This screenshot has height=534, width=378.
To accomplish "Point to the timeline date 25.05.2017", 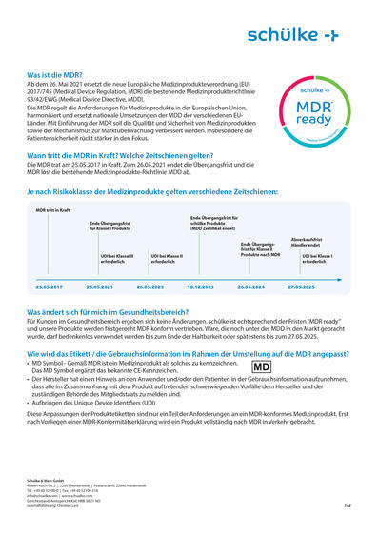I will (50, 287).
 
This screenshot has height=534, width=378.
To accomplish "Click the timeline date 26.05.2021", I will (100, 287).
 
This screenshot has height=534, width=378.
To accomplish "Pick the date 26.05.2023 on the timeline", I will (150, 287).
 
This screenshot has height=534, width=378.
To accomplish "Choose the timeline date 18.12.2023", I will (201, 287).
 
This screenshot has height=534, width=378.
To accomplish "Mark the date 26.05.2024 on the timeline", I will (251, 287).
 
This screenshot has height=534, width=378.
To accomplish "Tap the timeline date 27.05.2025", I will (302, 287).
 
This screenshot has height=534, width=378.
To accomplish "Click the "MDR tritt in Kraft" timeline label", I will (53, 209).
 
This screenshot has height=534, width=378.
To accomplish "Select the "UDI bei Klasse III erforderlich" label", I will (117, 257).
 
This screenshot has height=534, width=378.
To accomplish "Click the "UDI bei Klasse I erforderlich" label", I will (318, 257).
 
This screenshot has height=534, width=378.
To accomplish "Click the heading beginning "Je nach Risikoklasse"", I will (151, 191).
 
